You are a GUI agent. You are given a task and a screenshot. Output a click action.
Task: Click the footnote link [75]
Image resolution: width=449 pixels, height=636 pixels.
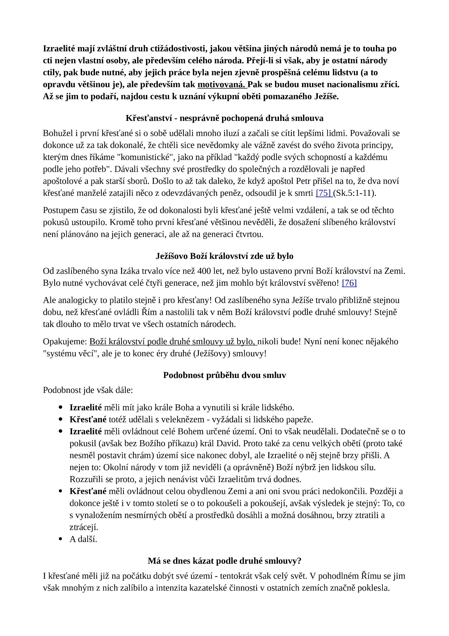click(324, 193)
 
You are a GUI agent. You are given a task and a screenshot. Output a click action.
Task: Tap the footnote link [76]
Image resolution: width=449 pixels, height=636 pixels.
click(349, 283)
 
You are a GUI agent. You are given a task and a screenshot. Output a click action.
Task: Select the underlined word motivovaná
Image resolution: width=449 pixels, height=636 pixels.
click(222, 84)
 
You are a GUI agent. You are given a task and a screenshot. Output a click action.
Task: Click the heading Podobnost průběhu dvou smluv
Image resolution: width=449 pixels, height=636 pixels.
click(224, 375)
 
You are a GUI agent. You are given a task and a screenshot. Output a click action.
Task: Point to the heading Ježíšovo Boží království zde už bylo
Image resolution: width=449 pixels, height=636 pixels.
click(224, 256)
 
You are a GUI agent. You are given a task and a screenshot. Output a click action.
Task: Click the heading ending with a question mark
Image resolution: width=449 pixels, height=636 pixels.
click(224, 561)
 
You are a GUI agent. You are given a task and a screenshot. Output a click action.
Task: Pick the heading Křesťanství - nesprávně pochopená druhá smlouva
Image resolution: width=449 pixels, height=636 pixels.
click(224, 118)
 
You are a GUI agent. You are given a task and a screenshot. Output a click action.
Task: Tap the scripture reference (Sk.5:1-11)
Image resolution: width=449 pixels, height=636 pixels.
click(354, 193)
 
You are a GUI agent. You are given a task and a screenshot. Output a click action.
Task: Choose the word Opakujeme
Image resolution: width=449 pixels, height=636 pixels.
click(65, 342)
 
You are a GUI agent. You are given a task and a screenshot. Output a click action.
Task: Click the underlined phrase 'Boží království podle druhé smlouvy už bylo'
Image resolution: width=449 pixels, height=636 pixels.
click(172, 342)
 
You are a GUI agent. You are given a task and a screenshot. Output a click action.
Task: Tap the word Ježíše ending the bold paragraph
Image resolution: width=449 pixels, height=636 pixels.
click(326, 96)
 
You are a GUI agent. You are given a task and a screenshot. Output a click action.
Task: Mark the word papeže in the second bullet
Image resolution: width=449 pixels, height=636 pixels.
click(300, 420)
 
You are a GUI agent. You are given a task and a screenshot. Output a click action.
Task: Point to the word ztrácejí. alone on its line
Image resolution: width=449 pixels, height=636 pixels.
click(84, 527)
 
